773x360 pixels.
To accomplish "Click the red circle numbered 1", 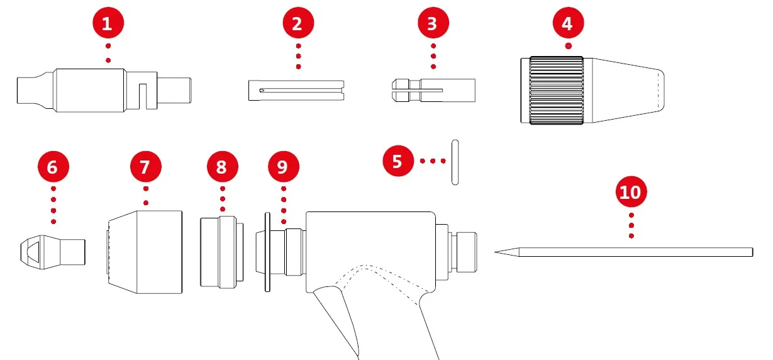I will pos(108,25).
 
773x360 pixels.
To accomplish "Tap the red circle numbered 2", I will pos(298,25).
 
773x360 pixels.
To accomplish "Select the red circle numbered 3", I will pos(432,25).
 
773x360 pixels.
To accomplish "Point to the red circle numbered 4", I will pos(568,25).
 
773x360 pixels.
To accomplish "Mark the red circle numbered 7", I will pos(146,167).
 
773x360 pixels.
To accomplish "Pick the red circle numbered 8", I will pos(222,167).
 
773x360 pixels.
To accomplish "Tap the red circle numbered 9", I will pos(283,167).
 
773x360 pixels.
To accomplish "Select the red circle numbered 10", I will pos(631,192).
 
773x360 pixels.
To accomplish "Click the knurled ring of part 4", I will pos(556,89).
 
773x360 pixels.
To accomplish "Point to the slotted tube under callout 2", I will pos(296,89).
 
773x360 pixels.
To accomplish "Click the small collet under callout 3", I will pos(431,90).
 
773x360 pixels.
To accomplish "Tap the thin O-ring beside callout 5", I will pos(453,162).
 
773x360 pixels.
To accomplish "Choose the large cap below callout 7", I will pos(145,252).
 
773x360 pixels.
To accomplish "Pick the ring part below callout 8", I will pos(222,252).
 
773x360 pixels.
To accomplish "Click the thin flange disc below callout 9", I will pos(267,252).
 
